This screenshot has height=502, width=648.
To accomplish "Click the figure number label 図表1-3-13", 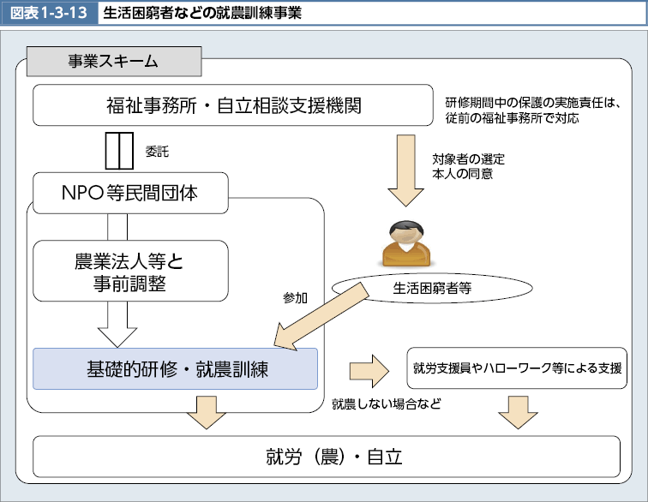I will tap(48, 14).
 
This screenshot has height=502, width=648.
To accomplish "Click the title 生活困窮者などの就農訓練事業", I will tap(201, 14).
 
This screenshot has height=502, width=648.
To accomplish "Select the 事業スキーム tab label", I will tap(113, 62).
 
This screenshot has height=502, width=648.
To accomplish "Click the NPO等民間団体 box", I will tap(130, 193).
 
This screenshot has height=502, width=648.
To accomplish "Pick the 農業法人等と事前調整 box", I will tap(130, 271).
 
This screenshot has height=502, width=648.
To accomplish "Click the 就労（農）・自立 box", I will tap(326, 456).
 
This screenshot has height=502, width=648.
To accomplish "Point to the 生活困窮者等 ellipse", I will tap(432, 288).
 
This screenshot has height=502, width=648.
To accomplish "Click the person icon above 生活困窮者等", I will tap(405, 244).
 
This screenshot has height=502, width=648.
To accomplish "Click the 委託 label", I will tap(157, 152).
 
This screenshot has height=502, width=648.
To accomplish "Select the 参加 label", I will tap(296, 298).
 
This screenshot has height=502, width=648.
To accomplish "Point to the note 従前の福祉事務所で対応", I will tap(512, 118).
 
